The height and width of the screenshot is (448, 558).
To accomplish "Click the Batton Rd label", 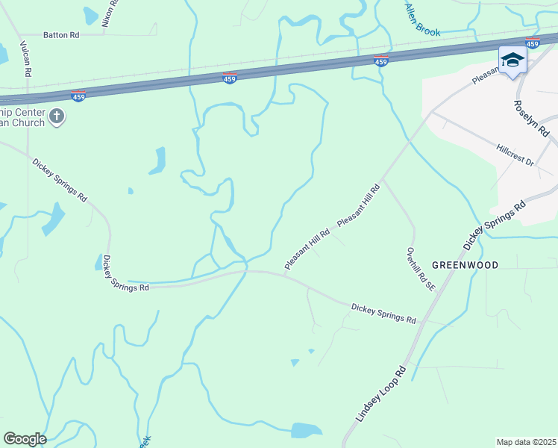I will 61,34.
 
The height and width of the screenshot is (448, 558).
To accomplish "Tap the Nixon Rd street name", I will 110,13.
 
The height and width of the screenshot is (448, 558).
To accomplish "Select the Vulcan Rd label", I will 26,59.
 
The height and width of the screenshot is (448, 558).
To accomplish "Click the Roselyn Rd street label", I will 531,118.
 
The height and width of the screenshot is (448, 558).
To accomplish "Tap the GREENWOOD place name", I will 465,265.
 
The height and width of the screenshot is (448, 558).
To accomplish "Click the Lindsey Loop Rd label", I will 380,394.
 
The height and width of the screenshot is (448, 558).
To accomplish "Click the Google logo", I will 25,439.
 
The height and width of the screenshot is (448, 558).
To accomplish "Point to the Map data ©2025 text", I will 525,441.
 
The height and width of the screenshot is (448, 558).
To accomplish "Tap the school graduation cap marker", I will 512,60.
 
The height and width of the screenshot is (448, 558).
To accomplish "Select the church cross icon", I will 57,116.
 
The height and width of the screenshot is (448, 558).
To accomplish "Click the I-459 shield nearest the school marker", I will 532,43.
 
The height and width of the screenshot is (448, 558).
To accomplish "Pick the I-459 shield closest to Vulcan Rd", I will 78,96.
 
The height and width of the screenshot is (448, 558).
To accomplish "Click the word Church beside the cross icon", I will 29,122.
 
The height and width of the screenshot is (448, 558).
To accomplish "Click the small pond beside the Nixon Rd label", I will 90,14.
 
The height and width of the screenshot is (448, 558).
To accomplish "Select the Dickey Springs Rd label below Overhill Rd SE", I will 383,313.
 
